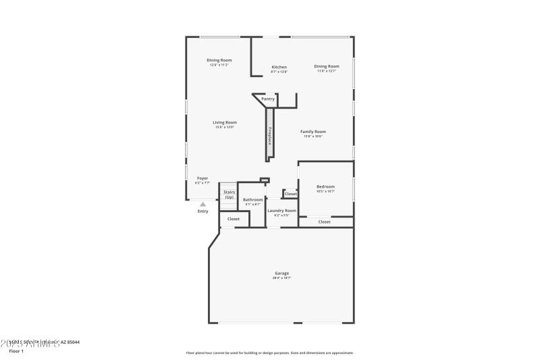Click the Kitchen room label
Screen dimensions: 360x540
point(279,67)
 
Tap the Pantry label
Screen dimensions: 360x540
point(268,99)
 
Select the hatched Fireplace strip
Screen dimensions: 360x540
point(270,135)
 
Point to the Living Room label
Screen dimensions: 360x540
point(225,122)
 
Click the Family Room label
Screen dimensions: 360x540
point(314,132)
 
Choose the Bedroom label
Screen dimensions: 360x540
point(325,186)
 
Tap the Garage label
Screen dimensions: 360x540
point(281,274)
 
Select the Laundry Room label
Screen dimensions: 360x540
point(281,211)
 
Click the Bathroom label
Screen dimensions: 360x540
point(253,200)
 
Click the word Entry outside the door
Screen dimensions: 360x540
point(202,211)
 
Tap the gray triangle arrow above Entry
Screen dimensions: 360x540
point(202,203)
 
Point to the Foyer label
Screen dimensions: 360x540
point(202,178)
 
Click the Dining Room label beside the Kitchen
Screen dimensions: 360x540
point(326,66)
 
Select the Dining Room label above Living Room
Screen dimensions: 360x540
point(219,60)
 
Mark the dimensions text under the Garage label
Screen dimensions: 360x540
point(281,278)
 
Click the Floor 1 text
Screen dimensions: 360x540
point(16,351)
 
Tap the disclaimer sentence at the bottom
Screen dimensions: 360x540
point(269,353)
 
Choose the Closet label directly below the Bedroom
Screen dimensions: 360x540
point(325,222)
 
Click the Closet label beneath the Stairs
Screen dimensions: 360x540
point(234,219)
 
